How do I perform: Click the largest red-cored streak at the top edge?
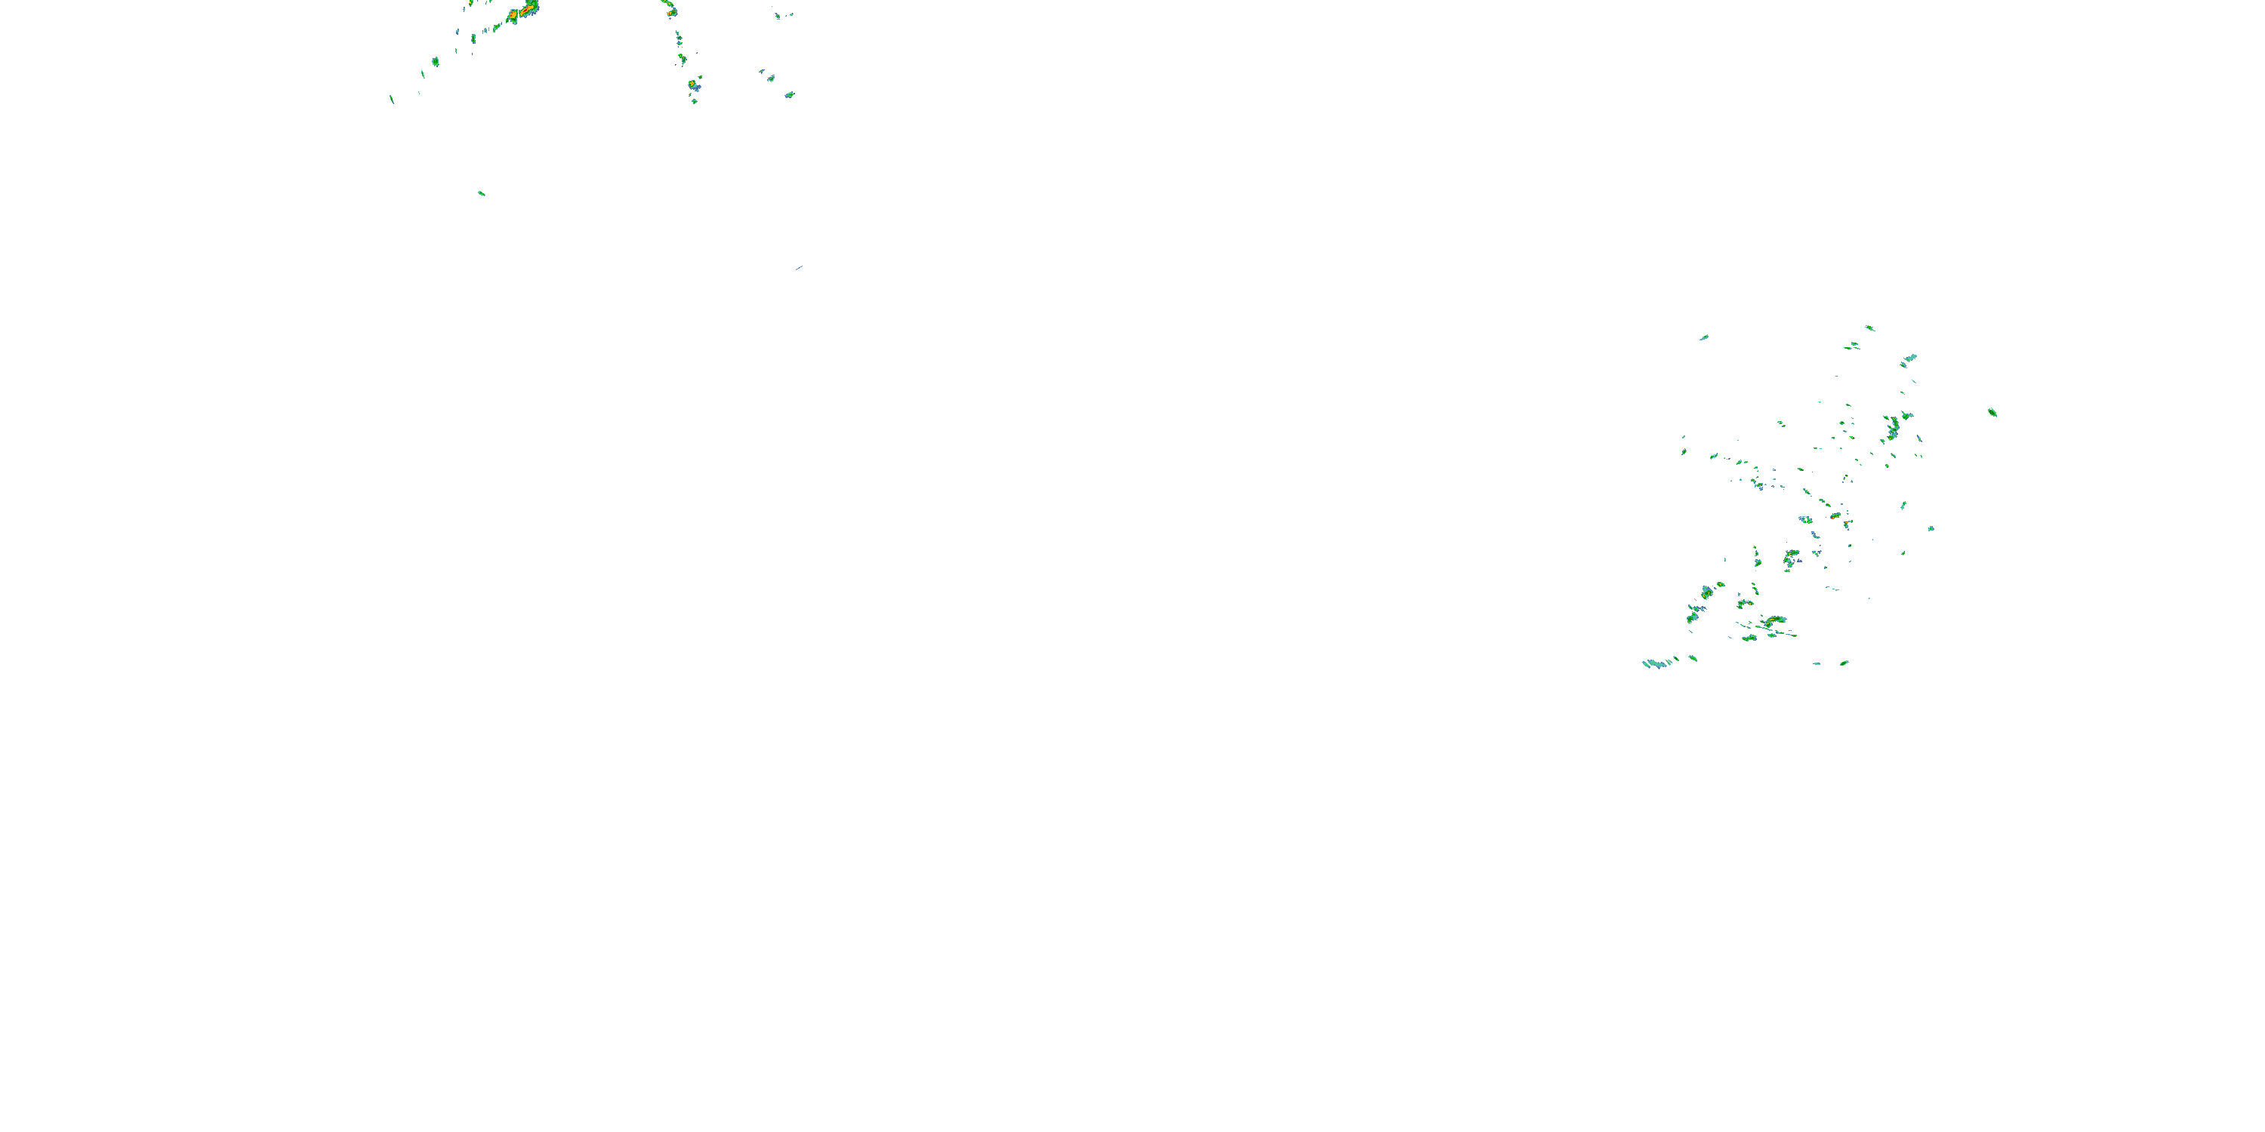pos(528,10)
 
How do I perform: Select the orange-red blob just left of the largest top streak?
pos(513,16)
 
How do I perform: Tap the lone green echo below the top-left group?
pos(481,192)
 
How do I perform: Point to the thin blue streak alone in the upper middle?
pos(798,267)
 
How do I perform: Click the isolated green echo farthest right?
pos(1992,412)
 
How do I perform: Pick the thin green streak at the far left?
pos(391,100)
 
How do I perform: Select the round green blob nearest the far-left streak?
pos(435,62)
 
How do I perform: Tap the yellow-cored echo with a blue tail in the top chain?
pos(694,85)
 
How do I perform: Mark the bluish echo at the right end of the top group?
pos(790,94)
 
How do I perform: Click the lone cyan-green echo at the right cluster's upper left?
pos(1703,337)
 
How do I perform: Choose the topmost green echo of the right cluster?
pos(1869,328)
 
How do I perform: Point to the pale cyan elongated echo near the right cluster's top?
pos(1909,358)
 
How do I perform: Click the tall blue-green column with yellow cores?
pos(1893,428)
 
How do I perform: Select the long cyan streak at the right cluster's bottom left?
pos(1656,663)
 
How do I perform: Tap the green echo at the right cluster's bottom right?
pos(1844,663)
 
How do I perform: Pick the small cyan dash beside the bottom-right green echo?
pos(1817,663)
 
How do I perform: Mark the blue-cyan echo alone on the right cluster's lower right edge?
pos(1931,528)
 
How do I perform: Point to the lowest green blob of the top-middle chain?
pos(695,101)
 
